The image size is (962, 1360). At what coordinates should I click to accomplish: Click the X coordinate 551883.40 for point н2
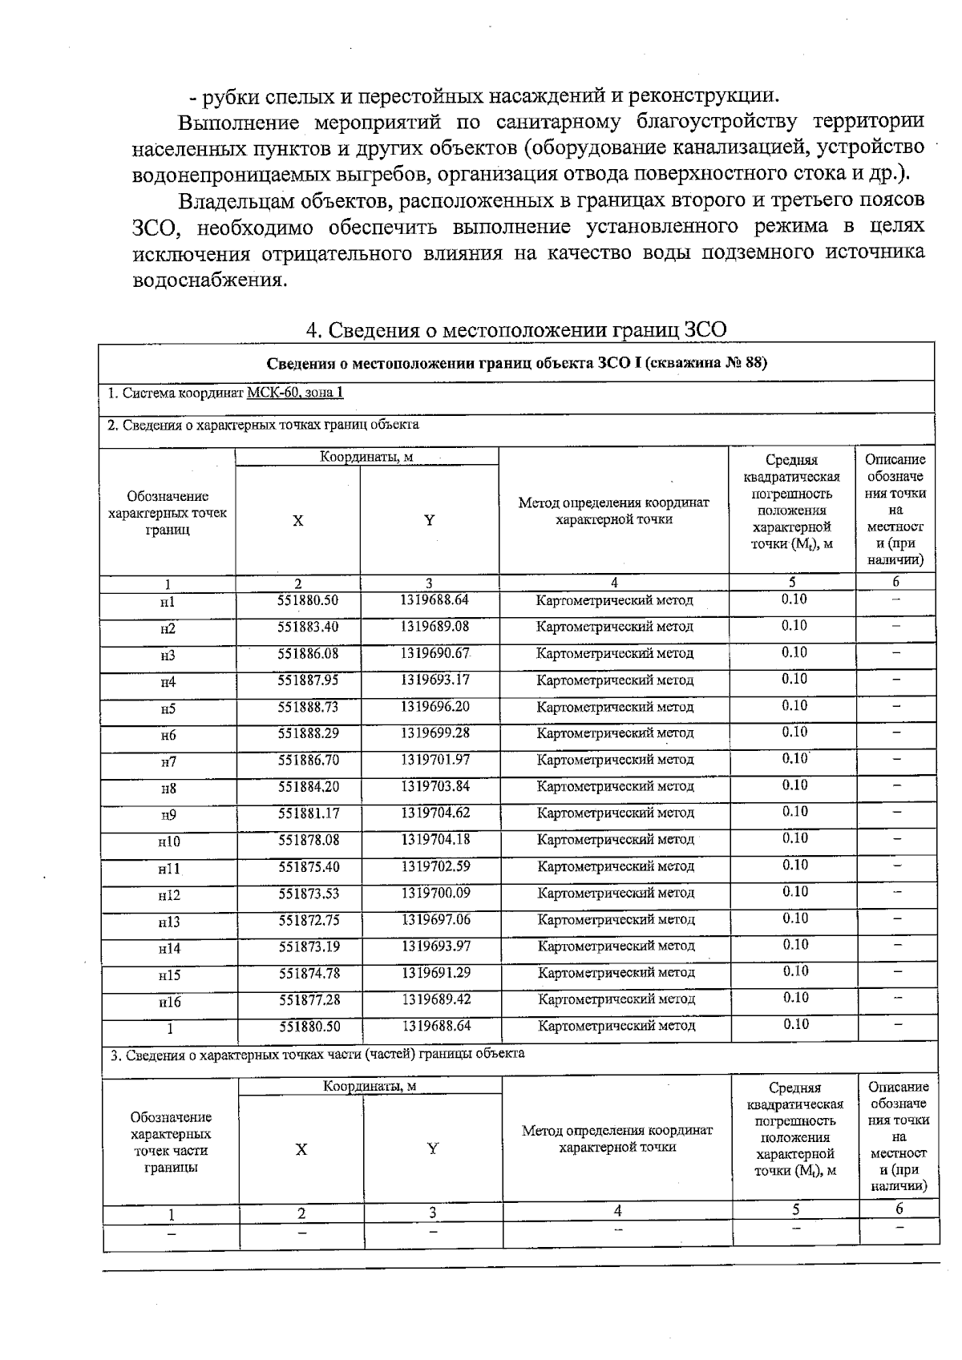(309, 626)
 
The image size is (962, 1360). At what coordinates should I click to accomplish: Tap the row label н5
(168, 709)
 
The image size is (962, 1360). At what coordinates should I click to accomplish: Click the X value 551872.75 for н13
(309, 919)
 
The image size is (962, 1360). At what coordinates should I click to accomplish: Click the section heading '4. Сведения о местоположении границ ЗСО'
(517, 330)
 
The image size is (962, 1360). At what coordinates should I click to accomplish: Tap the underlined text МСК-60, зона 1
(296, 393)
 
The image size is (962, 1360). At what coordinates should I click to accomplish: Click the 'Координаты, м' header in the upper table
(366, 457)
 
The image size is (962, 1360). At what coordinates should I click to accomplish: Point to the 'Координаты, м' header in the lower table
(370, 1086)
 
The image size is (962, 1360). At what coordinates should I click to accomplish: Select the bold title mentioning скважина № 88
(516, 362)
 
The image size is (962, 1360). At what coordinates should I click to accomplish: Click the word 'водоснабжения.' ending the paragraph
(208, 281)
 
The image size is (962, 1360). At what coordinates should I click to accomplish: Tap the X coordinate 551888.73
(309, 706)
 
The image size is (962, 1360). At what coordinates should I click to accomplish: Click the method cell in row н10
(615, 839)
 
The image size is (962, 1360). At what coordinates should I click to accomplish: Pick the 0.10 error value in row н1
(794, 599)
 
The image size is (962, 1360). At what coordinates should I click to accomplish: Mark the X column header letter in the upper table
(297, 520)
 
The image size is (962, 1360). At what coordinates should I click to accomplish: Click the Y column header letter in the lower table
(433, 1148)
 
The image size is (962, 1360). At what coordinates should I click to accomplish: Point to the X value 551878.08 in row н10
(309, 839)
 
